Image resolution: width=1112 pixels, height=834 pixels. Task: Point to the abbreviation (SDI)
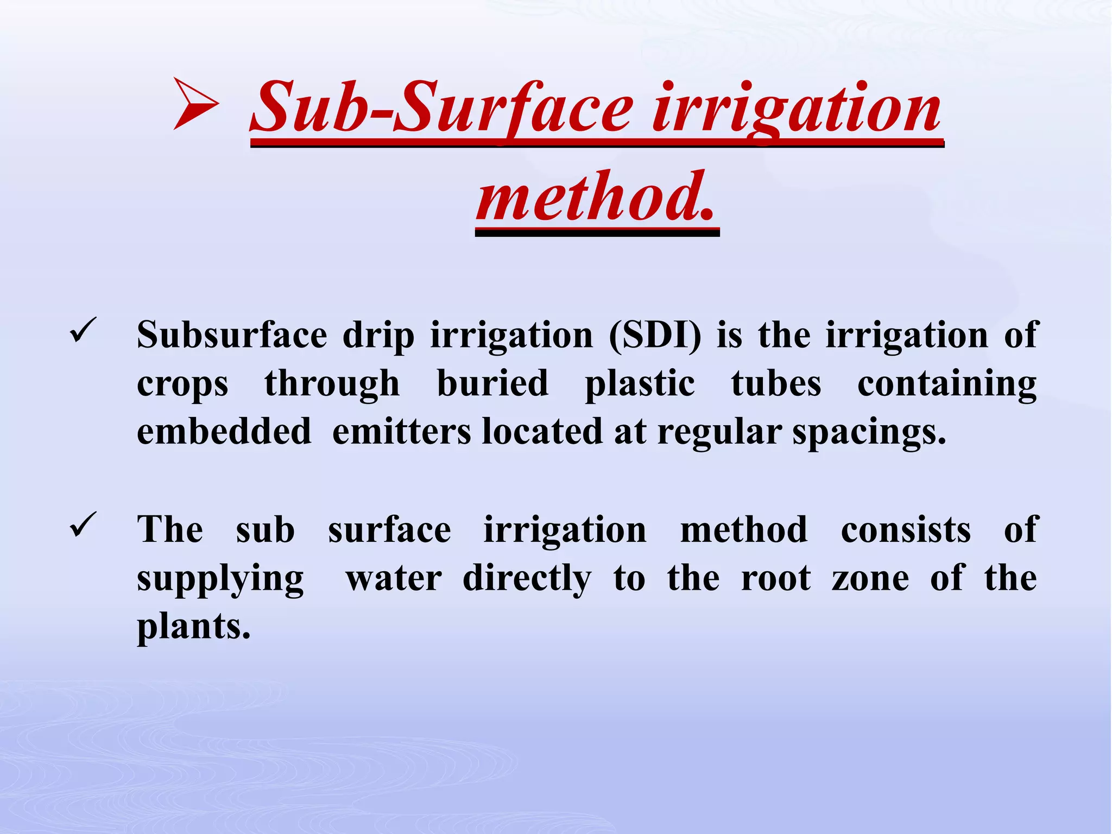655,335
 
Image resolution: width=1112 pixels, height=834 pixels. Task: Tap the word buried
492,383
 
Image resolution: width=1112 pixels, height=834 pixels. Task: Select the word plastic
640,384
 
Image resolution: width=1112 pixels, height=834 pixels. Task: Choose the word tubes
776,383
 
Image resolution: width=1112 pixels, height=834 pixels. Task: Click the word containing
947,384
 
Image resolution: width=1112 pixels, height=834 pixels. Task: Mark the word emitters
401,432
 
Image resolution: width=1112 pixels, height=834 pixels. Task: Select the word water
394,578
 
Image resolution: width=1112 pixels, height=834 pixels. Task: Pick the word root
776,578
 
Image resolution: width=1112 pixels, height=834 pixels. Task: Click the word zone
870,578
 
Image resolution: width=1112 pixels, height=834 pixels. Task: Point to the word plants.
193,628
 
